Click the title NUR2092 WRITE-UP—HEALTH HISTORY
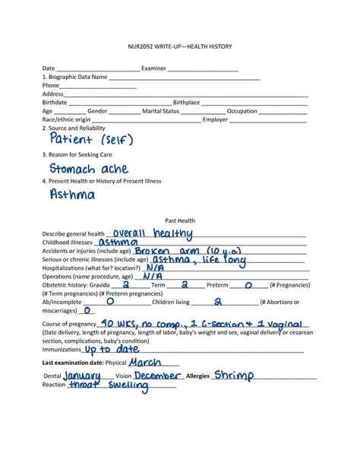(x=179, y=47)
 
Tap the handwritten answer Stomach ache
(x=89, y=169)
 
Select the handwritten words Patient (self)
(x=91, y=141)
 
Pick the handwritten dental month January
(x=82, y=376)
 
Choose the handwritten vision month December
(x=158, y=376)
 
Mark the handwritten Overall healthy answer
(x=151, y=233)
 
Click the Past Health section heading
(x=180, y=220)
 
